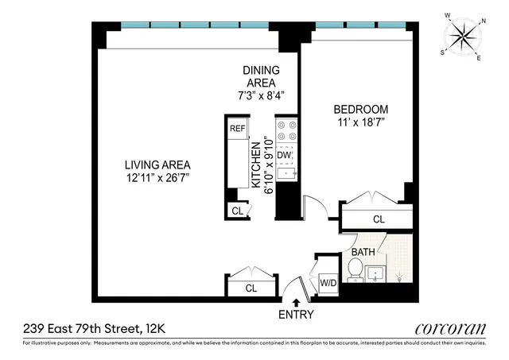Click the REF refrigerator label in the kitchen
coord(237,128)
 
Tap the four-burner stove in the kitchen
coord(286,130)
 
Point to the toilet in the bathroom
coord(357,270)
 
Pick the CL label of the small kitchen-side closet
coord(237,211)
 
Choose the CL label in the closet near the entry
coord(251,288)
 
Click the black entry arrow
coord(297,302)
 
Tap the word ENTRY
coord(297,315)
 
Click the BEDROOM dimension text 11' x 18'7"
coord(360,123)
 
